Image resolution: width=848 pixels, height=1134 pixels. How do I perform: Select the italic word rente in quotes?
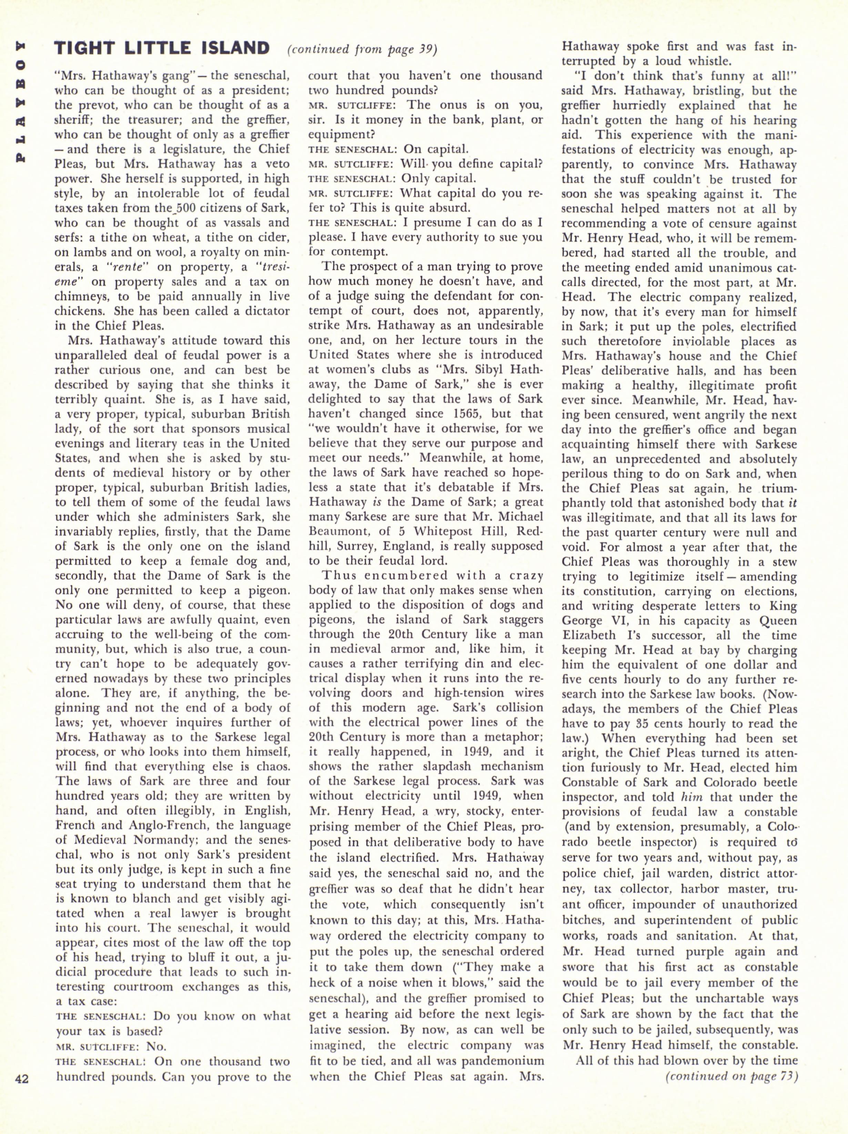pos(122,267)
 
